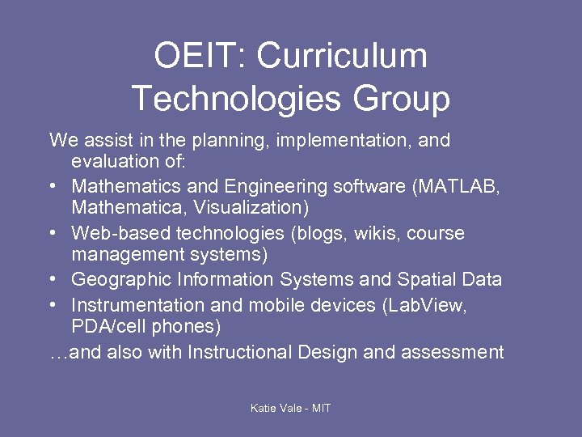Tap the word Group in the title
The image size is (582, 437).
400,99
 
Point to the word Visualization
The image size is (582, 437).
247,208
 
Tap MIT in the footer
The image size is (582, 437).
320,408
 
